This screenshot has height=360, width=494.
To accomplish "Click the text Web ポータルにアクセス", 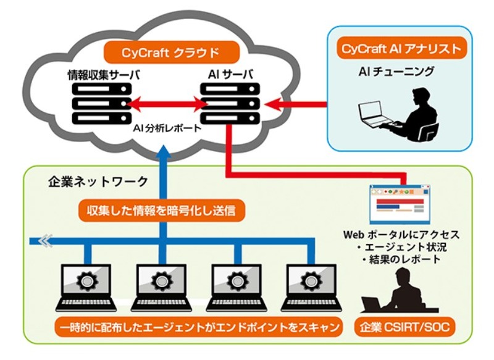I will pos(401,236).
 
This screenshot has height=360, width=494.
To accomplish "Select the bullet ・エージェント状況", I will pos(401,248).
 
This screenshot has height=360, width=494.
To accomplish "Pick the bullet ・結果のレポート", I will pos(401,259).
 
